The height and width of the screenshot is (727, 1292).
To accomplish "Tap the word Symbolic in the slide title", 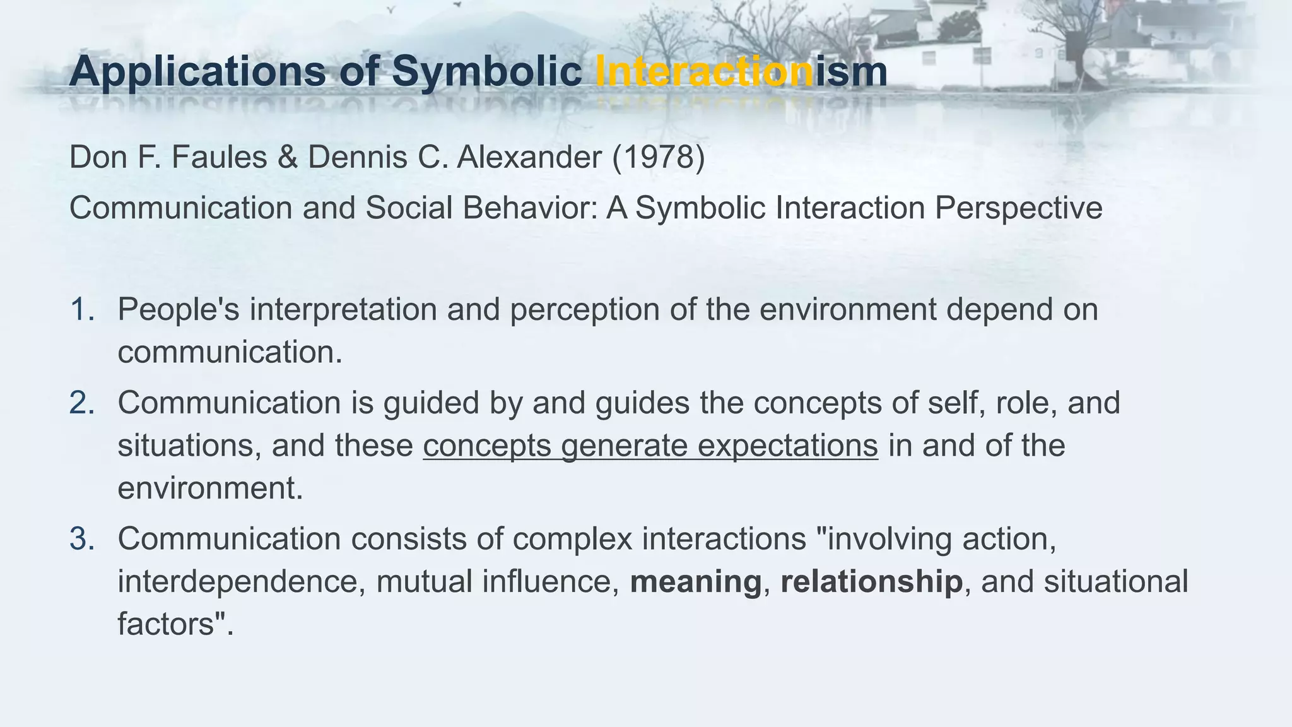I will tap(486, 71).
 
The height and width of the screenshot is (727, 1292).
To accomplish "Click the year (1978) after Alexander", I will tap(659, 157).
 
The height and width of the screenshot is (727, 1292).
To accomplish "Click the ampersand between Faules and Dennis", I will tap(288, 157).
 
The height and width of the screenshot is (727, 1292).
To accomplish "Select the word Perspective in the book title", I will tap(1018, 208).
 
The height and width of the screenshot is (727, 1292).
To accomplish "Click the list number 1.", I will tap(82, 310).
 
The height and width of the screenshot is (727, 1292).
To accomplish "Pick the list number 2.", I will tap(82, 403).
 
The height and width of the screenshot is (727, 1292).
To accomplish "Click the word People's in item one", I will tap(179, 310).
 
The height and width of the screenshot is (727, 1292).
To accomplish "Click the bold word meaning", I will tap(696, 582).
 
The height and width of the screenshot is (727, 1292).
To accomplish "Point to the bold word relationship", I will tap(871, 582).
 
